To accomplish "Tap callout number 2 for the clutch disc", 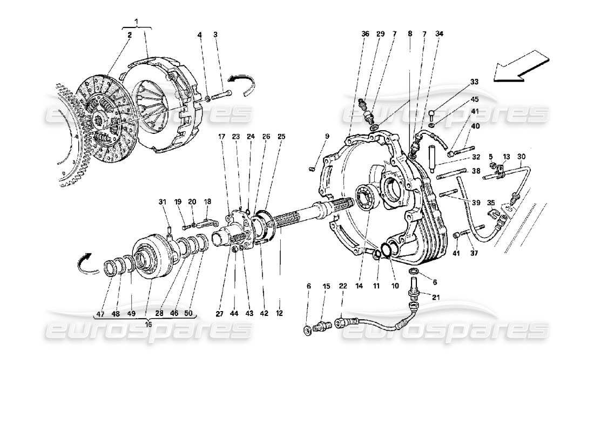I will click(x=130, y=35).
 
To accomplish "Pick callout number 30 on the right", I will click(x=521, y=157).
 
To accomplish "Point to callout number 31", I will click(x=161, y=202).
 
